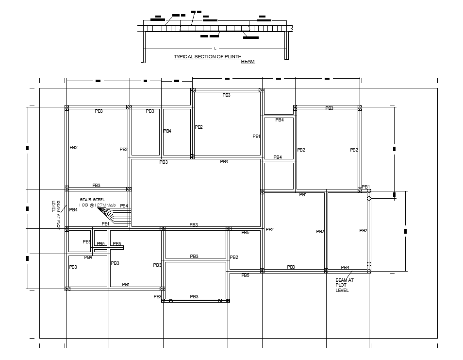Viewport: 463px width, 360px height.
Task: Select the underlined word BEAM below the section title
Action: click(248, 62)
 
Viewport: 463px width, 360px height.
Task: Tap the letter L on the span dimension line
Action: click(215, 49)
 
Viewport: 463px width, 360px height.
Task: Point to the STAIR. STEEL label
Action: click(92, 200)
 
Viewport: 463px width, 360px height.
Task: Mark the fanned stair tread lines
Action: click(119, 216)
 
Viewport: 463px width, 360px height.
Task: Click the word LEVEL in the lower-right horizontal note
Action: click(342, 291)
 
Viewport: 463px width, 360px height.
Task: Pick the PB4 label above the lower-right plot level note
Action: click(345, 268)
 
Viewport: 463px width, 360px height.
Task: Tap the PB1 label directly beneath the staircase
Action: click(105, 224)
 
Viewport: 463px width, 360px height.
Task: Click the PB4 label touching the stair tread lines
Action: click(124, 206)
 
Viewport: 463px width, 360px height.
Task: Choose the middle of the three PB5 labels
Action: click(101, 244)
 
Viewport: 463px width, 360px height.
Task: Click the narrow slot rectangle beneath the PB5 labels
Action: click(100, 251)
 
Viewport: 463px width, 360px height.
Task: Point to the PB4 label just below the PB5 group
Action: click(88, 257)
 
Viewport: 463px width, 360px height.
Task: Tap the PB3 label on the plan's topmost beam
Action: click(227, 95)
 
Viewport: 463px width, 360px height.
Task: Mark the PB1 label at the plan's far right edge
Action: click(366, 187)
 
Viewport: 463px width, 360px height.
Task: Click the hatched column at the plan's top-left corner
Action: click(67, 107)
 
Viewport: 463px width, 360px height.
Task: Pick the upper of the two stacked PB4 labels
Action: click(280, 120)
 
